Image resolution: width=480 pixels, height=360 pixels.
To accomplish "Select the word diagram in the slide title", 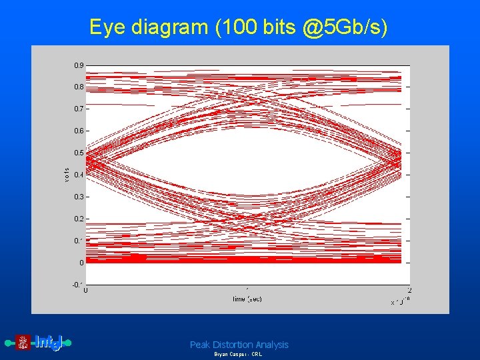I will click(170, 27).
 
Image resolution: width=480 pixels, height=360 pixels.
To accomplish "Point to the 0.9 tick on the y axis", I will click(79, 65).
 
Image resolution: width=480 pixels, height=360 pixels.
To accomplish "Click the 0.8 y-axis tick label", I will click(79, 87).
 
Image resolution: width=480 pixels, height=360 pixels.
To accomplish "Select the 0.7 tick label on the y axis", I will click(79, 109).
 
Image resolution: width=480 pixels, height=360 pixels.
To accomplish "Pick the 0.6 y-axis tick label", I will click(79, 131).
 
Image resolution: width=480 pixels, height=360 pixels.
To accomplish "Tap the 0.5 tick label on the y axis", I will click(79, 153).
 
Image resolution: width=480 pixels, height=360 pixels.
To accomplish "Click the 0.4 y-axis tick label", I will click(79, 175).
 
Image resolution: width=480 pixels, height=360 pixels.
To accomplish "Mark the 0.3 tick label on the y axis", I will click(79, 197).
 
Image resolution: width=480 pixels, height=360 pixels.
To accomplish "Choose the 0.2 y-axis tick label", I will click(79, 219).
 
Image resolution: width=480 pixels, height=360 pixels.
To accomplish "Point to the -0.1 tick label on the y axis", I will click(77, 285).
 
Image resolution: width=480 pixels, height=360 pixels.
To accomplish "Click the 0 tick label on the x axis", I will click(87, 291).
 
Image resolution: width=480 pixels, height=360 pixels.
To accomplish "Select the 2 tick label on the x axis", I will click(409, 291).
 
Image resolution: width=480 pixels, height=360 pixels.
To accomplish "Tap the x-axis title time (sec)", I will click(247, 299).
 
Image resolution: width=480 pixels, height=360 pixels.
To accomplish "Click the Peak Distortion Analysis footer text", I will click(239, 345).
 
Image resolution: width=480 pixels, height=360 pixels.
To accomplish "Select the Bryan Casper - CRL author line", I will click(238, 355).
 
